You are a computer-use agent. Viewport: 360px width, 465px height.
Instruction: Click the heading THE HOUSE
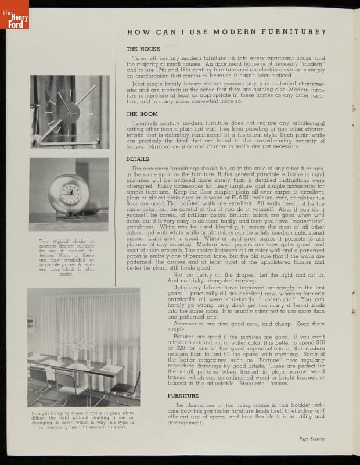(144, 49)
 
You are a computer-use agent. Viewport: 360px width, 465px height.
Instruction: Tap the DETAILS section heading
(138, 159)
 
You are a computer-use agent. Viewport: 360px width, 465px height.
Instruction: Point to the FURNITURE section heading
(183, 395)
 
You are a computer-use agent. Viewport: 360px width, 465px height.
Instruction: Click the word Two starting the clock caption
(44, 242)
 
